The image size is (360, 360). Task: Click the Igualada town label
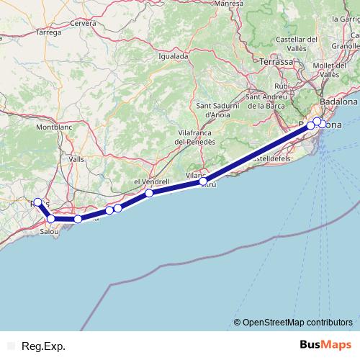click(x=173, y=55)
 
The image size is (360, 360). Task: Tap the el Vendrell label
click(x=150, y=182)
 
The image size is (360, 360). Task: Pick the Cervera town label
click(x=83, y=23)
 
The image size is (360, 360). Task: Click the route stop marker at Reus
click(x=38, y=202)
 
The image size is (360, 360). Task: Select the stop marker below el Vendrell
click(x=148, y=193)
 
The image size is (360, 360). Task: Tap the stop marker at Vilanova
click(x=203, y=181)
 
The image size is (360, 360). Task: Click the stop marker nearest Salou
click(x=51, y=218)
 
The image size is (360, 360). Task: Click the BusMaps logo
click(x=326, y=346)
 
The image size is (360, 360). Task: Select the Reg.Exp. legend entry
click(x=43, y=346)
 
